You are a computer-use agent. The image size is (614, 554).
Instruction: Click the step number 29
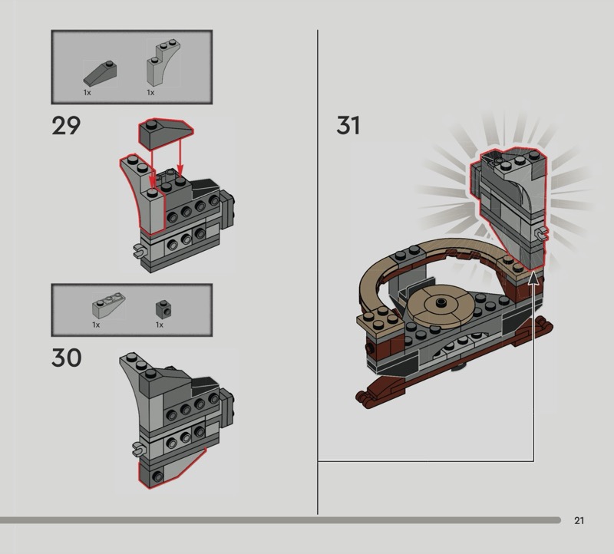[x=66, y=126]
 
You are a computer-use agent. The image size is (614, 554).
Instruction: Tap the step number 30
[x=66, y=358]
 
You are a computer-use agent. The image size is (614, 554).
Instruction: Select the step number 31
[x=348, y=126]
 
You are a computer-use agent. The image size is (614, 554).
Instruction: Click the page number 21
[x=579, y=521]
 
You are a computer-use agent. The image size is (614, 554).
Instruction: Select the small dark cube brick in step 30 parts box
[x=161, y=308]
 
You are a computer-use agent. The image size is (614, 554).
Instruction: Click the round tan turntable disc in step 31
[x=441, y=305]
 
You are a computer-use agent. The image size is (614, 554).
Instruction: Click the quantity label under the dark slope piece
[x=87, y=92]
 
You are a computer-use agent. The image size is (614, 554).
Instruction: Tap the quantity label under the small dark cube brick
[x=160, y=325]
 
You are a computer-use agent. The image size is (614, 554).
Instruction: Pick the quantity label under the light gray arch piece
[x=150, y=92]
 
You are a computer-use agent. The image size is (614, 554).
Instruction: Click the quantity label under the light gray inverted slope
[x=96, y=325]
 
